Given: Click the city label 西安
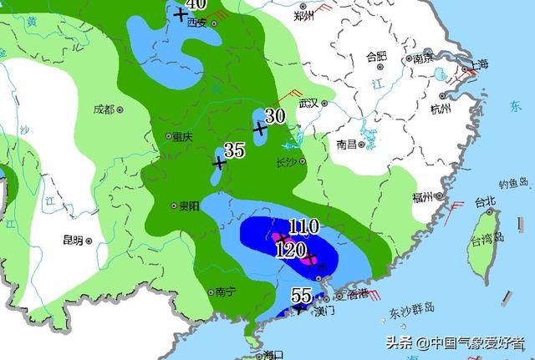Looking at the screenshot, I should pos(197,23).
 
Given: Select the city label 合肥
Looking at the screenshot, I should pos(376,57).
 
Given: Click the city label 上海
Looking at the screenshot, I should pos(477,64).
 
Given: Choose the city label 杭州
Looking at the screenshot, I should pos(440,109).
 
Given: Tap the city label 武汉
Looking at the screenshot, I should pos(310,103).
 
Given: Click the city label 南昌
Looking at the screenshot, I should pos(346,144).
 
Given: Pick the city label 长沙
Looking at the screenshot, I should pos(287,162).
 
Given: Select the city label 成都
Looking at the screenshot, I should pos(104,109).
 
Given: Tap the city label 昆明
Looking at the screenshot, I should pos(73,240).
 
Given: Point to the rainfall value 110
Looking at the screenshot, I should pos(303,226).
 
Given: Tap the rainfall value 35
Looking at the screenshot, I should pos(234,150).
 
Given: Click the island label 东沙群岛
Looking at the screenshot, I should pos(412,308).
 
